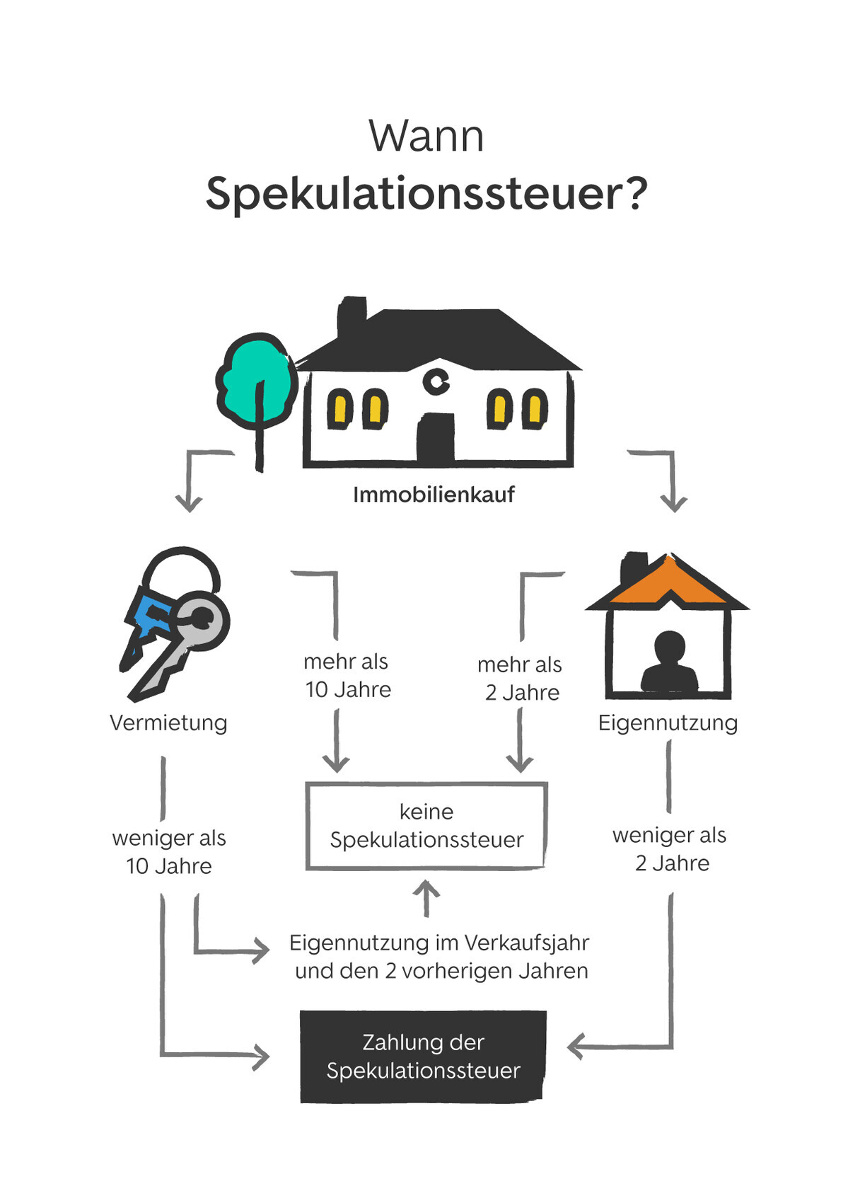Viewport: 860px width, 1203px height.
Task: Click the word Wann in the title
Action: pos(426,136)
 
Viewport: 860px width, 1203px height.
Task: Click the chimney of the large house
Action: pos(351,316)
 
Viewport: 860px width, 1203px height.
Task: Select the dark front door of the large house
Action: pos(436,438)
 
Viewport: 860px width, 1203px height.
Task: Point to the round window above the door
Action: pos(436,381)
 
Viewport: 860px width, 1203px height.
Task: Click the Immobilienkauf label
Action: pos(434,494)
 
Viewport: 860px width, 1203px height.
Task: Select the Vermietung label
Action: pos(168,723)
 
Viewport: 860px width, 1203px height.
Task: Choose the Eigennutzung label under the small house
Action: pos(668,723)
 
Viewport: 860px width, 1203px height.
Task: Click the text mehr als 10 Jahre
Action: pos(347,675)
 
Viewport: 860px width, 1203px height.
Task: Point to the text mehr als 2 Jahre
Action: pos(521,678)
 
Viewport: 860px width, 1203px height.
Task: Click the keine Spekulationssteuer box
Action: pos(426,825)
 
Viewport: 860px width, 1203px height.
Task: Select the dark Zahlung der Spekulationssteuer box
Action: pos(423,1056)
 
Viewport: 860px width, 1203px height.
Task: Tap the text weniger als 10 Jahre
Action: pos(169,851)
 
